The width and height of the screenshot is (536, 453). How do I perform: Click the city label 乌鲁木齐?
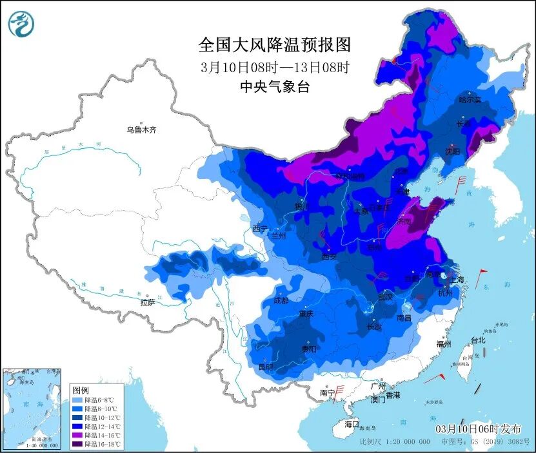[x=141, y=130]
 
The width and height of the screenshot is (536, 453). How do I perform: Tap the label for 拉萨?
[x=148, y=302]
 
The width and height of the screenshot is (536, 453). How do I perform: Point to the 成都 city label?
[x=281, y=300]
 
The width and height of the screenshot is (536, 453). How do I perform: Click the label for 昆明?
[x=265, y=367]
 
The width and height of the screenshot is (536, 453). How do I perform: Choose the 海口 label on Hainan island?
[x=351, y=424]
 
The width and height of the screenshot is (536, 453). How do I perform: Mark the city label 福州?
[x=443, y=343]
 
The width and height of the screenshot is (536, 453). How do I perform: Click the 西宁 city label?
[x=260, y=228]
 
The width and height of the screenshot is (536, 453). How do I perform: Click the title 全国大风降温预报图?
[x=274, y=44]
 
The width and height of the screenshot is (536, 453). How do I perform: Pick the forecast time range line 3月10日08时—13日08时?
[x=274, y=66]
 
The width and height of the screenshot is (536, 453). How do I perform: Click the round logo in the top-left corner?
[x=21, y=24]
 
